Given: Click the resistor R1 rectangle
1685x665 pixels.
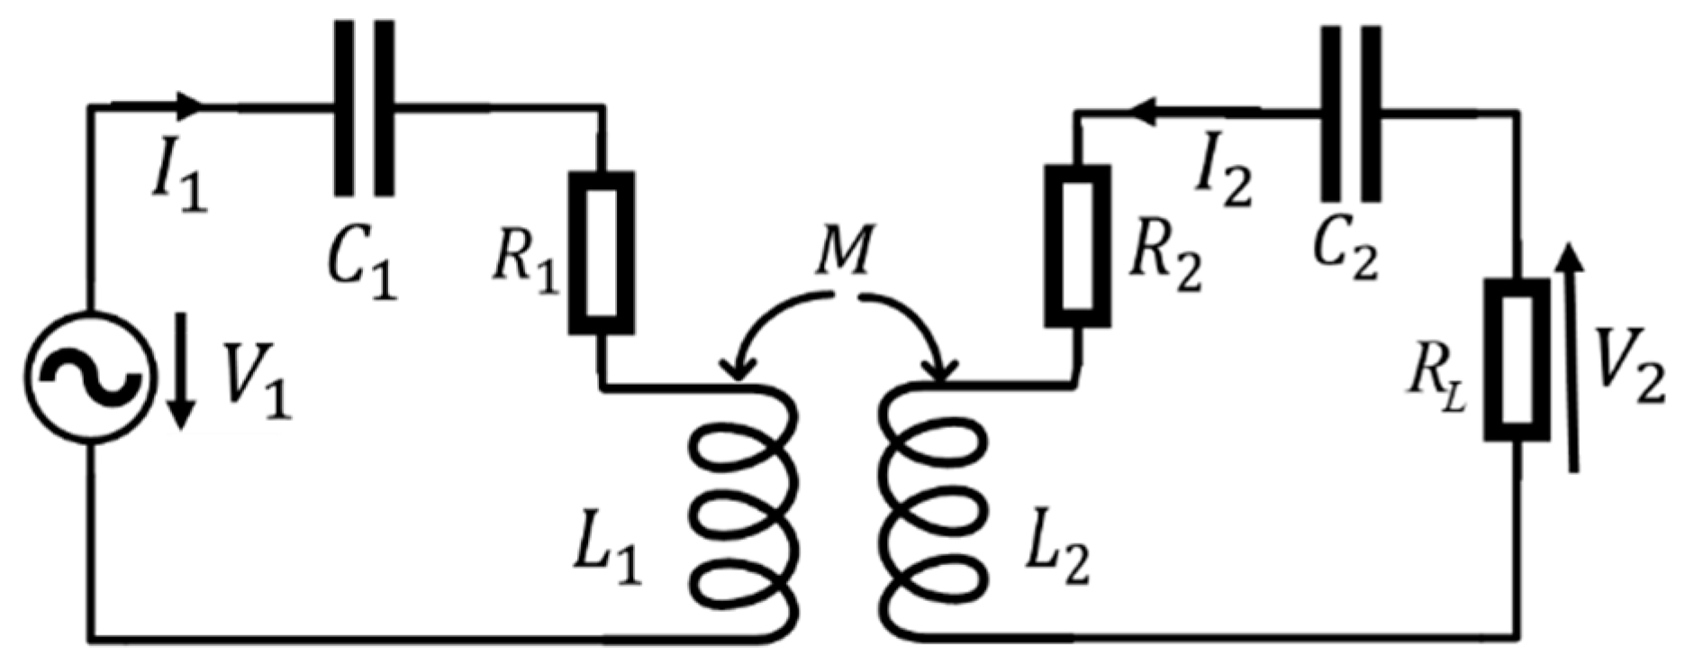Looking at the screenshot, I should click(602, 252).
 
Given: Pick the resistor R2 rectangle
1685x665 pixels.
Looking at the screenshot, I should click(1077, 245).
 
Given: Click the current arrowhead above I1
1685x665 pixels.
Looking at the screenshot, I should click(191, 105).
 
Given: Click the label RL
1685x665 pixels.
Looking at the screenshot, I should click(1436, 387).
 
